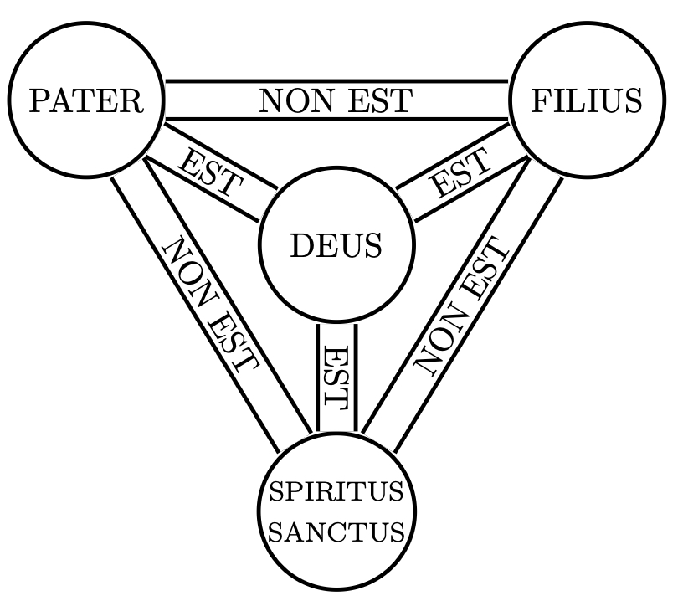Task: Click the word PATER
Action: click(85, 101)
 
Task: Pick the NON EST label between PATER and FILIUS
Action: click(336, 101)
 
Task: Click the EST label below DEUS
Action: click(336, 377)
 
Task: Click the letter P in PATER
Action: click(39, 101)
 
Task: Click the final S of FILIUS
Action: click(634, 101)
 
